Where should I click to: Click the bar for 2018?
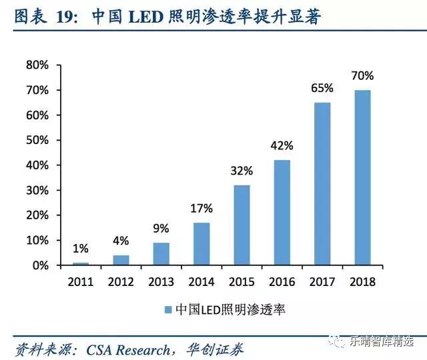[362, 177]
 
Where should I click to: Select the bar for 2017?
[322, 183]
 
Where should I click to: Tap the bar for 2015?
[242, 225]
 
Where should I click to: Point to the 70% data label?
[362, 76]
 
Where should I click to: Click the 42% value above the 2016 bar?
[282, 145]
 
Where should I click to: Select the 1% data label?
[80, 249]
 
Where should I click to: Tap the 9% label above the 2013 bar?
[161, 229]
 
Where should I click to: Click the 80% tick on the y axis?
[37, 65]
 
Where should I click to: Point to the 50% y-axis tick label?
[37, 140]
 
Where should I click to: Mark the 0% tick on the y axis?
[40, 265]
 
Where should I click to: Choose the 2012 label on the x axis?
[121, 281]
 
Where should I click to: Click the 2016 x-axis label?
[282, 281]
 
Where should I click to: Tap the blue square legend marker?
[167, 309]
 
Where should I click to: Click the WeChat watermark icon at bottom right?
[338, 341]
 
